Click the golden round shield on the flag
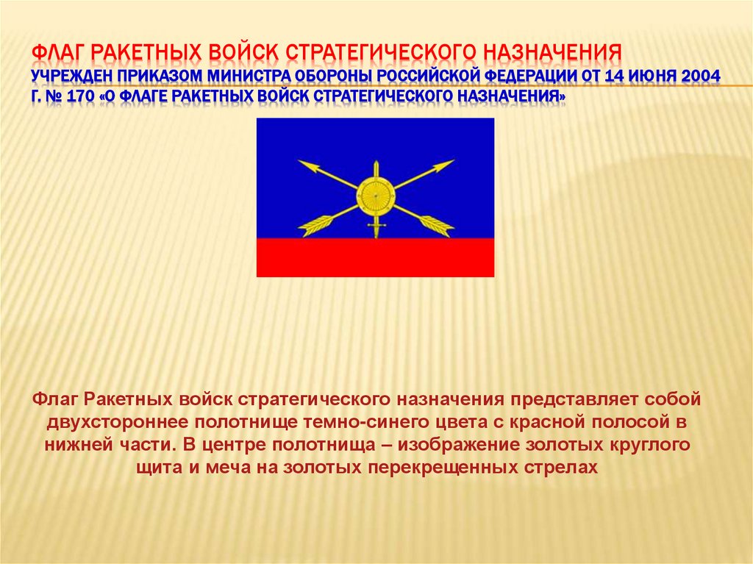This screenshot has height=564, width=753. click(x=376, y=194)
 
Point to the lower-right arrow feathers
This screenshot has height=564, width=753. click(x=440, y=226)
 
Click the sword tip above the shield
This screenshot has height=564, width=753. click(x=376, y=166)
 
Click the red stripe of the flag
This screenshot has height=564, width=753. click(x=375, y=257)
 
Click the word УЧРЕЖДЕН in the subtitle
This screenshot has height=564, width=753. click(x=77, y=76)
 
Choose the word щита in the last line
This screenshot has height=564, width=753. click(x=155, y=467)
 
